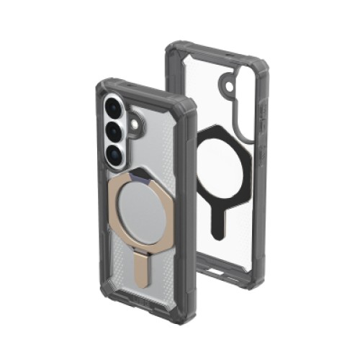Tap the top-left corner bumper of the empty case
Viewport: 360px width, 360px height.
pos(173,49)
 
